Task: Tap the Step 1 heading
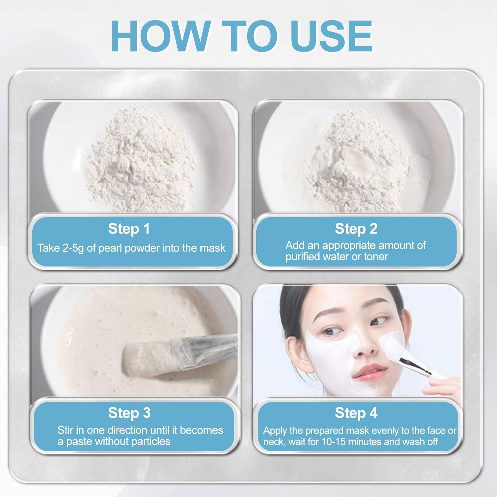(129, 229)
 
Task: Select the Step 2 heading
(356, 229)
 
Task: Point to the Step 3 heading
(129, 413)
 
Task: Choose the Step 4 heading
(356, 413)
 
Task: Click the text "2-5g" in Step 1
(72, 248)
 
